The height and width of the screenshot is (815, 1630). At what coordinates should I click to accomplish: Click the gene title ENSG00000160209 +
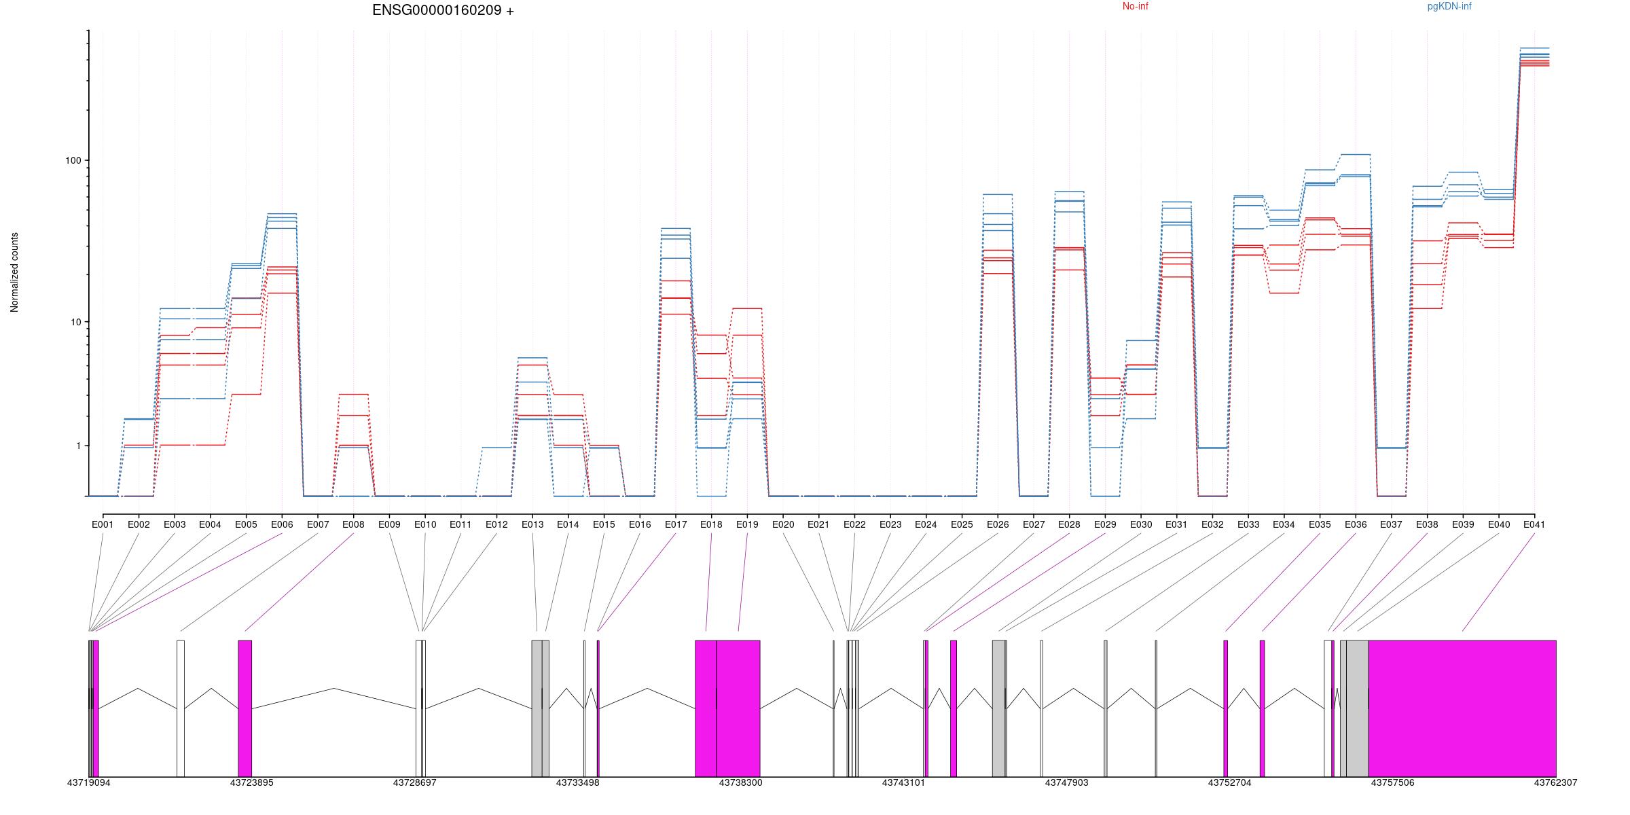coord(443,11)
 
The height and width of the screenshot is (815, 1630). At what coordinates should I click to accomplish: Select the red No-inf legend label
coord(1135,7)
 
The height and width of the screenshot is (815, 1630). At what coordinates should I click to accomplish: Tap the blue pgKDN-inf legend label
coord(1449,7)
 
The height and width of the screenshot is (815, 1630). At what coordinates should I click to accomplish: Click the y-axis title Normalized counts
coord(15,272)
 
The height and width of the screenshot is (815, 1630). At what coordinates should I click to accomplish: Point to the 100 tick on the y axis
coord(73,161)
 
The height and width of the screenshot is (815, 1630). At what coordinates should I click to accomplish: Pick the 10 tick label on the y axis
coord(75,322)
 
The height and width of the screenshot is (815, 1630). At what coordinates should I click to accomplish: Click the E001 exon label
coord(103,524)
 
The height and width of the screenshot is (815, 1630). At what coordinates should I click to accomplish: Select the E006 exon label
coord(282,524)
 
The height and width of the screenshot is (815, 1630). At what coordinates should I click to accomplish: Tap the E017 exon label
coord(676,524)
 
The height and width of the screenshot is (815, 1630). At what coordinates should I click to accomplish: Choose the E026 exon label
coord(998,524)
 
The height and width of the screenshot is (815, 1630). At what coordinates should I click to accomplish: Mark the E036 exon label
coord(1356,524)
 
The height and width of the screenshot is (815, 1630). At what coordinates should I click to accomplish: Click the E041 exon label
coord(1534,524)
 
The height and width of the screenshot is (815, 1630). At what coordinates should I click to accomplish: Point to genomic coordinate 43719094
coord(88,783)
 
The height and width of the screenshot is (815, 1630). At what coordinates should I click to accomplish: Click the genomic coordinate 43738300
coord(740,783)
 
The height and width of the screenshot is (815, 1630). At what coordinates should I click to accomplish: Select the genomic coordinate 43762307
coord(1555,783)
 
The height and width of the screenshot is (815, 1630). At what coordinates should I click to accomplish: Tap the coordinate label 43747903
coord(1066,783)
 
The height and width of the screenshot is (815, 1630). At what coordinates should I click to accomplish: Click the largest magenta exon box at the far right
coord(1462,708)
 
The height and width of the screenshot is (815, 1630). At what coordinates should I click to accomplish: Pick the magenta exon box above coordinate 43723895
coord(244,708)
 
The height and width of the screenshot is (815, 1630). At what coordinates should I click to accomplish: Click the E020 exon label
coord(783,524)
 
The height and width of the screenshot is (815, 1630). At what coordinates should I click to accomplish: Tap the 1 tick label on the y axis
coord(77,446)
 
